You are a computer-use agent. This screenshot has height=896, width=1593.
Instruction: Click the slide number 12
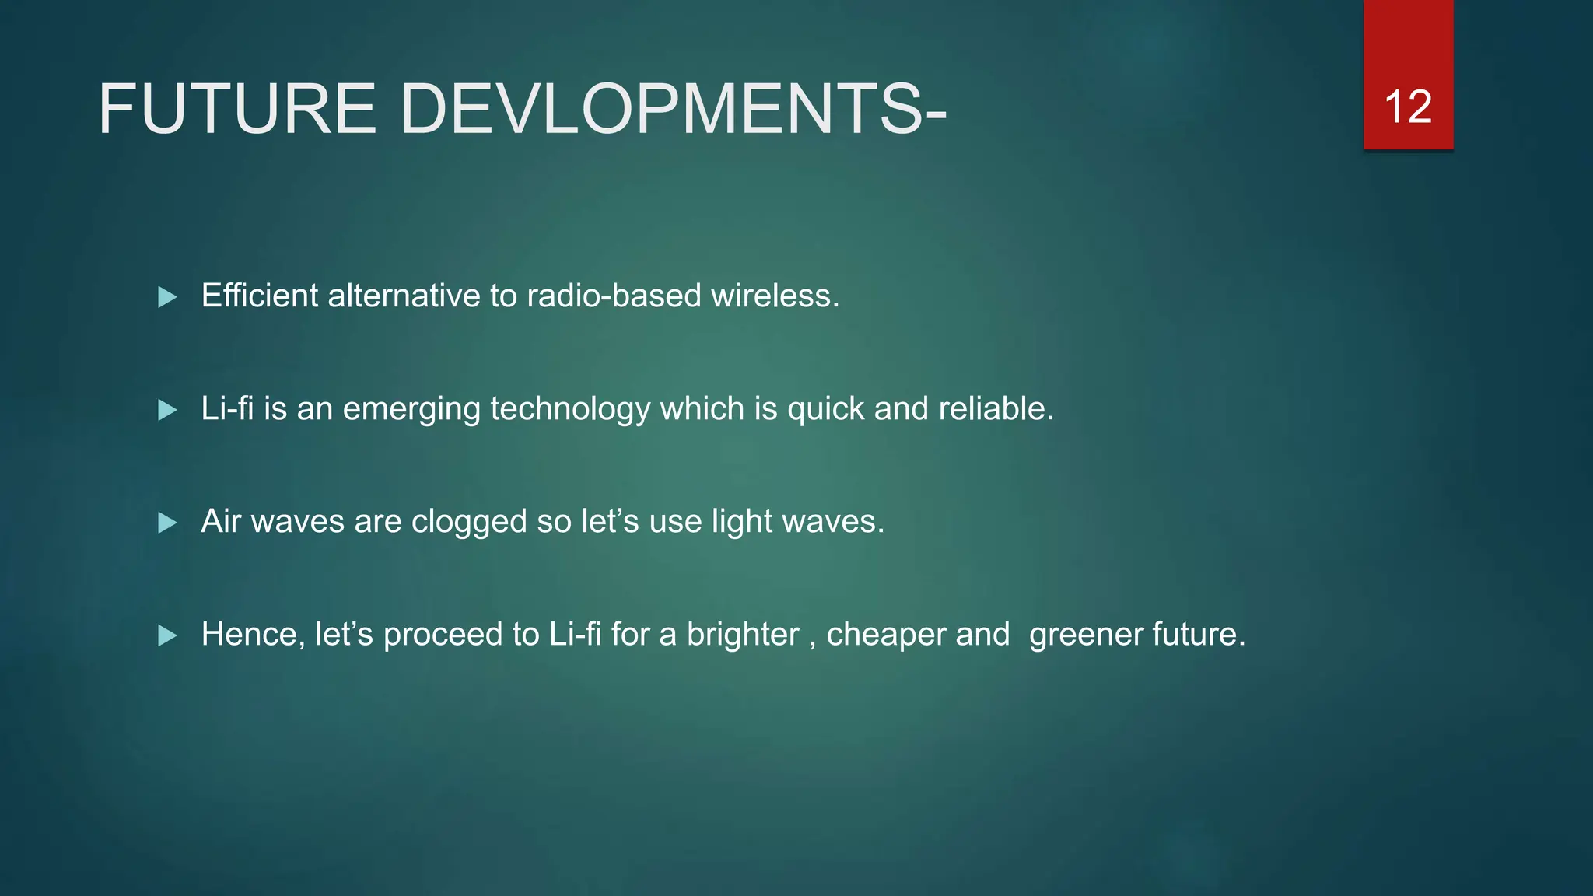1408,107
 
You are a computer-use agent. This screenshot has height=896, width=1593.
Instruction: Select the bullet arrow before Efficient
167,297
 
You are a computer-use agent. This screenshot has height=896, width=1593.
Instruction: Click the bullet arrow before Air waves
167,523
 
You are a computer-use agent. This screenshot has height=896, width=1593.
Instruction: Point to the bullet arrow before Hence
167,636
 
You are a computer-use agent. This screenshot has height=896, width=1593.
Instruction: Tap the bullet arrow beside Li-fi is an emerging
167,410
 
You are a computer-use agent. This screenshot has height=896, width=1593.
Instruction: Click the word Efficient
260,296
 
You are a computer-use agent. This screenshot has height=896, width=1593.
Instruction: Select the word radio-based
614,296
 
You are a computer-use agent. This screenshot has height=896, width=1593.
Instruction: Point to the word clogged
469,522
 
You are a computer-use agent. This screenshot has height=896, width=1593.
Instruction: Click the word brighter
743,635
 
